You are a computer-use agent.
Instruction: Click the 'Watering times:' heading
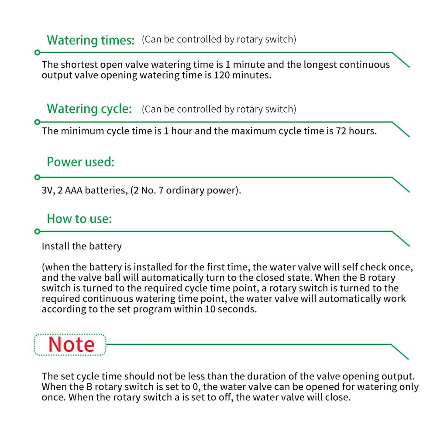(91, 40)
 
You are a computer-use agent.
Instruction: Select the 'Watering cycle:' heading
(89, 109)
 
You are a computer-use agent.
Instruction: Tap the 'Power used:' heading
(80, 162)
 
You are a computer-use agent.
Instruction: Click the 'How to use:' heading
(79, 218)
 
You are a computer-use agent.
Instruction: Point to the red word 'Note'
(71, 344)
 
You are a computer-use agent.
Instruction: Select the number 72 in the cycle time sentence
(341, 131)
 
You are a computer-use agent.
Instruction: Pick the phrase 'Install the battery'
(82, 246)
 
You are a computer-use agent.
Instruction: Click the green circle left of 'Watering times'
(37, 52)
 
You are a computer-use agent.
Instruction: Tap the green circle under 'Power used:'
(37, 177)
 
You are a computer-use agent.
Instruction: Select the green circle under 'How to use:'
(37, 231)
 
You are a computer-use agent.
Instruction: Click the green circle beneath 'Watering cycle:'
(37, 121)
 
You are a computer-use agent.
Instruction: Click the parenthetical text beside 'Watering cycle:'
(219, 109)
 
